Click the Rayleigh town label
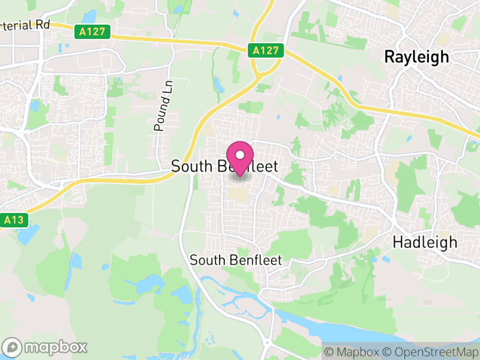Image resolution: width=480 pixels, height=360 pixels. click(416, 57)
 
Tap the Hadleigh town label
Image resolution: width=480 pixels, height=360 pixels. click(425, 242)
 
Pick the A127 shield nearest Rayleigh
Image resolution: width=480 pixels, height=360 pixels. click(266, 50)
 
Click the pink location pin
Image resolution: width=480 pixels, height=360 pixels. click(240, 157)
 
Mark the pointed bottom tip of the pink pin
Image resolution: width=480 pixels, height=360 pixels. click(240, 175)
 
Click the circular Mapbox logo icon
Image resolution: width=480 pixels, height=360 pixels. click(13, 347)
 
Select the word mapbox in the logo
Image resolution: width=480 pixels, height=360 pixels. click(55, 347)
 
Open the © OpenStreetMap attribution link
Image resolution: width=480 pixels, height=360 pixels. click(430, 352)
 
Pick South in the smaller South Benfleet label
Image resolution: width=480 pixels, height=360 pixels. click(206, 260)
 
